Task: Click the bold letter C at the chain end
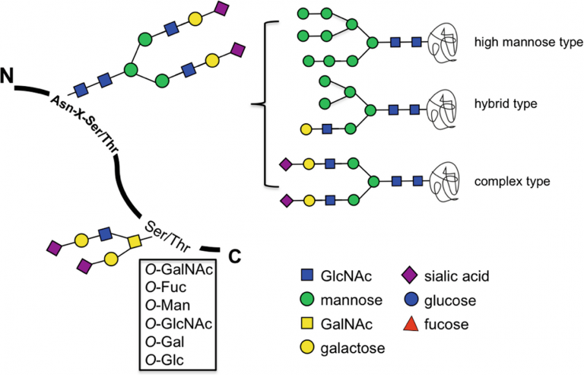pos(235,256)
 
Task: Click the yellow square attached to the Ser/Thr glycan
pos(135,242)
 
